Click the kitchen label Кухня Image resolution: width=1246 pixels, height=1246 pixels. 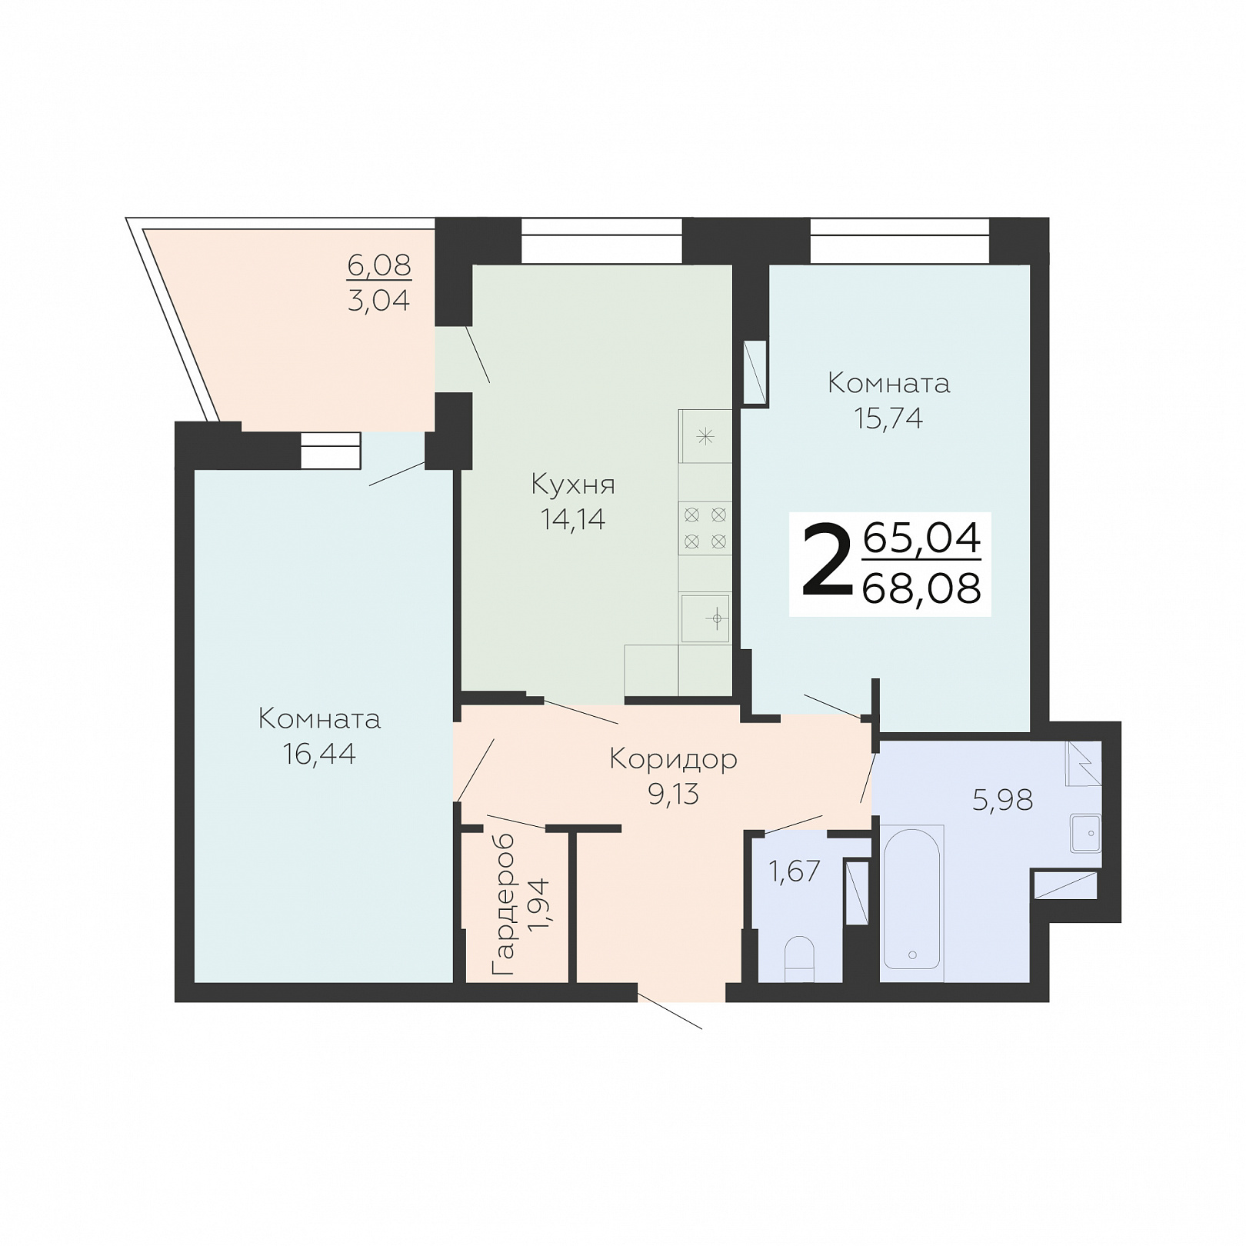tap(573, 485)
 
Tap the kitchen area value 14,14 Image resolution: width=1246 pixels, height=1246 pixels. tap(573, 520)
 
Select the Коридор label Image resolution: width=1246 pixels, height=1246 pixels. tap(674, 759)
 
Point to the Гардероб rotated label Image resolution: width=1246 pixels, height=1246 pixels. tap(503, 905)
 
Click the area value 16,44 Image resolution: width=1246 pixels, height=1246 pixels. tap(319, 754)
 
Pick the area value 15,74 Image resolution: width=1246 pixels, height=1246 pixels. tap(888, 418)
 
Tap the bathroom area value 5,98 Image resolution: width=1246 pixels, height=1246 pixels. tap(1003, 800)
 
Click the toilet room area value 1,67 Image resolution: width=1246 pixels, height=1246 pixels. tap(795, 871)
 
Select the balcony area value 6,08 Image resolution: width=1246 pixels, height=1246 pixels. tap(379, 265)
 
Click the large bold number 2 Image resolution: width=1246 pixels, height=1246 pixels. tap(828, 560)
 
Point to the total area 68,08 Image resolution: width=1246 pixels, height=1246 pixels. tap(922, 588)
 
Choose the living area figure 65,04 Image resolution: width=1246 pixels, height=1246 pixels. tap(922, 537)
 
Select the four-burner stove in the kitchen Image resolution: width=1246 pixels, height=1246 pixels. tap(705, 528)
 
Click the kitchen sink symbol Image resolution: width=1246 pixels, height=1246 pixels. tap(705, 618)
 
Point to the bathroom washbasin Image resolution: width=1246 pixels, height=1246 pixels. tap(1086, 833)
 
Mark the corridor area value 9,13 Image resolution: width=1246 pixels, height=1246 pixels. tap(674, 794)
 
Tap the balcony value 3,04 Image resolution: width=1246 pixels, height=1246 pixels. tap(379, 300)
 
